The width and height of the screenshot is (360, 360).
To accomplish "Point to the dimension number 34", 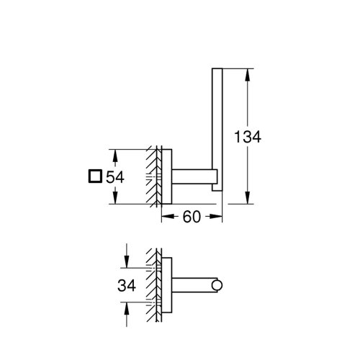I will point(127,286).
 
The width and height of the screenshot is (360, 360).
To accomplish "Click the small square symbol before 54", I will point(93,177).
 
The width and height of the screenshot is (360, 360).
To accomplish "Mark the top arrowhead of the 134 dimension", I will point(248,73).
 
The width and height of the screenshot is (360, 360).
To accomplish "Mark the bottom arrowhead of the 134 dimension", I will point(248,200).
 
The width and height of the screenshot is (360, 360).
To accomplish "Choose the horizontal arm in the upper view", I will point(193,177).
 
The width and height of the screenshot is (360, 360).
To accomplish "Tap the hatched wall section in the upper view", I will point(153,177).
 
